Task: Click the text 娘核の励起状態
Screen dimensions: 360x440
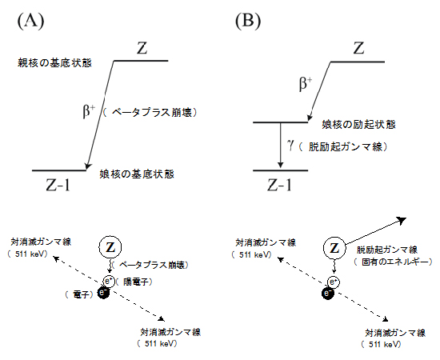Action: click(x=357, y=125)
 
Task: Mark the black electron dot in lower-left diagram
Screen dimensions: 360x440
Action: click(x=102, y=294)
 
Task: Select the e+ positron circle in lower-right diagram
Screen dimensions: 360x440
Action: click(x=330, y=282)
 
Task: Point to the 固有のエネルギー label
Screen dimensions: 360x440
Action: click(x=394, y=262)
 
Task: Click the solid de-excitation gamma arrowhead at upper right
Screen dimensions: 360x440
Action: click(x=405, y=218)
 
